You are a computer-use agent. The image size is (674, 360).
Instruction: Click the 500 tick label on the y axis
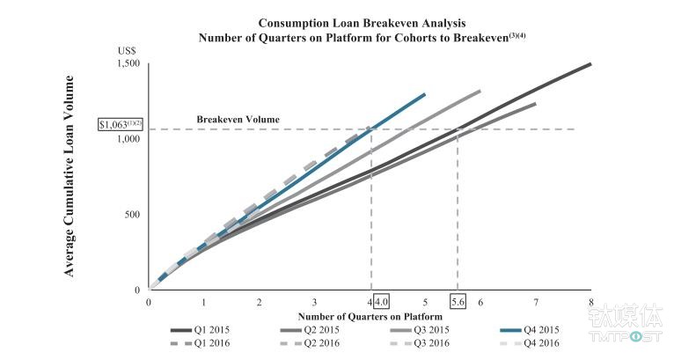click(x=131, y=215)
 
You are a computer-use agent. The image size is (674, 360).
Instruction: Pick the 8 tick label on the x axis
click(x=590, y=302)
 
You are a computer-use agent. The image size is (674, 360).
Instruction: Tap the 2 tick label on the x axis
click(x=260, y=302)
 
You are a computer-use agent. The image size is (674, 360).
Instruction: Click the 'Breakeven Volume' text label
click(x=238, y=119)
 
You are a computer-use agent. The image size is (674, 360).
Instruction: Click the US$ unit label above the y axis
click(x=128, y=50)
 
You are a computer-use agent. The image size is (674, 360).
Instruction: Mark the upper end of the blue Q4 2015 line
click(x=424, y=93)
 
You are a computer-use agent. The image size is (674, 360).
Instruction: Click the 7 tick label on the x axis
click(x=535, y=302)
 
